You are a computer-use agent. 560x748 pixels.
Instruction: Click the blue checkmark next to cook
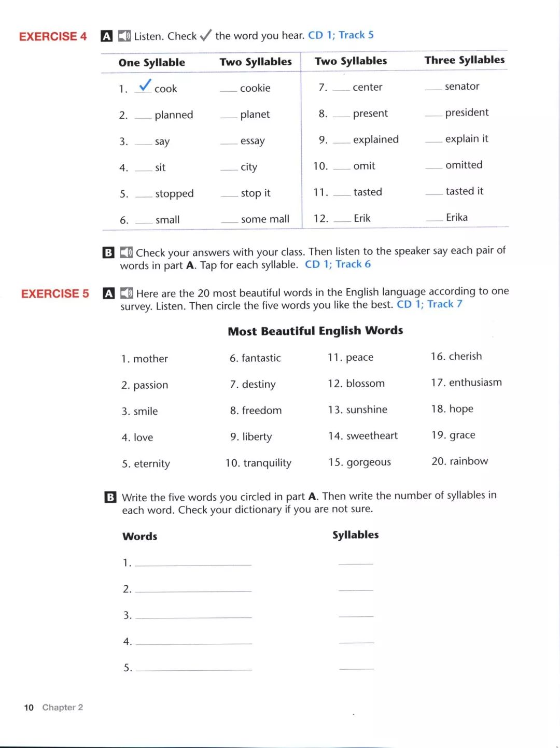(x=145, y=85)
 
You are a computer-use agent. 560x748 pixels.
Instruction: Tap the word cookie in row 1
(x=255, y=88)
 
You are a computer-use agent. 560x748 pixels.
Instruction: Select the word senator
(x=462, y=87)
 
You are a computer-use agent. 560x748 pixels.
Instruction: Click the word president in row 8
(x=467, y=112)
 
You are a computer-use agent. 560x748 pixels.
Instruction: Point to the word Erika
(x=457, y=217)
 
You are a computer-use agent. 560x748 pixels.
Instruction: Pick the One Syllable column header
(x=151, y=63)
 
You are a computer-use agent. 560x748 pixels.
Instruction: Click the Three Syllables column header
(x=464, y=60)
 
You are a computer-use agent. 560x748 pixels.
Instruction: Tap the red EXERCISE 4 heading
(x=53, y=36)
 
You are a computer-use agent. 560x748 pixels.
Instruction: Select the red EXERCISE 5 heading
(x=55, y=294)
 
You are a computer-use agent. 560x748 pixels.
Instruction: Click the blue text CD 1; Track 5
(x=341, y=35)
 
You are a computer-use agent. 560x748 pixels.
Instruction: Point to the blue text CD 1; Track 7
(x=429, y=304)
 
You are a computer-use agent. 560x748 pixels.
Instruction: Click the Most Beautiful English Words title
(x=315, y=331)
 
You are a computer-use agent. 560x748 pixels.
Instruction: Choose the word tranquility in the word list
(x=267, y=463)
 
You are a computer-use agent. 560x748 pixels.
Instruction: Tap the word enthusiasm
(x=475, y=383)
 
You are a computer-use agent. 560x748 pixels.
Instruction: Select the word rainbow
(x=469, y=461)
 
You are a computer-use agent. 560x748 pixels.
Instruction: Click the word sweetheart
(x=372, y=436)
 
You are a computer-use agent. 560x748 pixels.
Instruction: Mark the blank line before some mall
(x=229, y=221)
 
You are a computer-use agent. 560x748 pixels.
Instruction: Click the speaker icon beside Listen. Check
(x=124, y=36)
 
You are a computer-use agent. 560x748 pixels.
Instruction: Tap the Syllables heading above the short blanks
(x=355, y=535)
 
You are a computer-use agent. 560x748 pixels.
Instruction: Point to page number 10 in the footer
(x=29, y=708)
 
